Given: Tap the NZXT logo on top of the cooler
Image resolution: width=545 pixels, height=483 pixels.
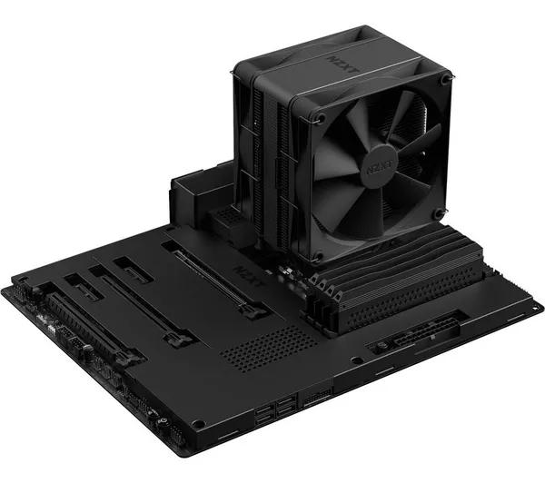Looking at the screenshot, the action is pos(343,65).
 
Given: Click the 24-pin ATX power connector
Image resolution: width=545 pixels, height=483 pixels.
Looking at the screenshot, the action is pos(413,334).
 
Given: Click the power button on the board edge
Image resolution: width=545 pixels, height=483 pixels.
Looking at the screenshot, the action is pos(161,422).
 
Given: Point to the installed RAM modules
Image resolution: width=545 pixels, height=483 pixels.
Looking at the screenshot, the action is pos(394,278).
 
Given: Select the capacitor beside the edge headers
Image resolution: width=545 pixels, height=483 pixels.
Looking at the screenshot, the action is pos(87,352).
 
